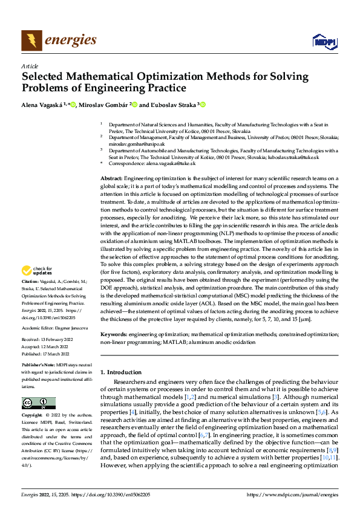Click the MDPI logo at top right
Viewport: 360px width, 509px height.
coord(324,41)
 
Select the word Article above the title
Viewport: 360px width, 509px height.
coord(30,66)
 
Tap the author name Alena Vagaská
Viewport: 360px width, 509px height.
coord(43,105)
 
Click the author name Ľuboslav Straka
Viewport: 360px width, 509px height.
coord(178,105)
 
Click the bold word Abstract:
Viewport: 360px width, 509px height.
coord(111,178)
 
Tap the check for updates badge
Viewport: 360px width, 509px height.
coord(37,271)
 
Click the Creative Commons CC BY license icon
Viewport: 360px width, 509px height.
coord(39,403)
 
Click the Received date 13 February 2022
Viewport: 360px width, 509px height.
coord(54,341)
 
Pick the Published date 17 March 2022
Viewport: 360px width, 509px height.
coord(54,354)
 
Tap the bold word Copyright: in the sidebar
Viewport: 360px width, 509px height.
coord(32,416)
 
